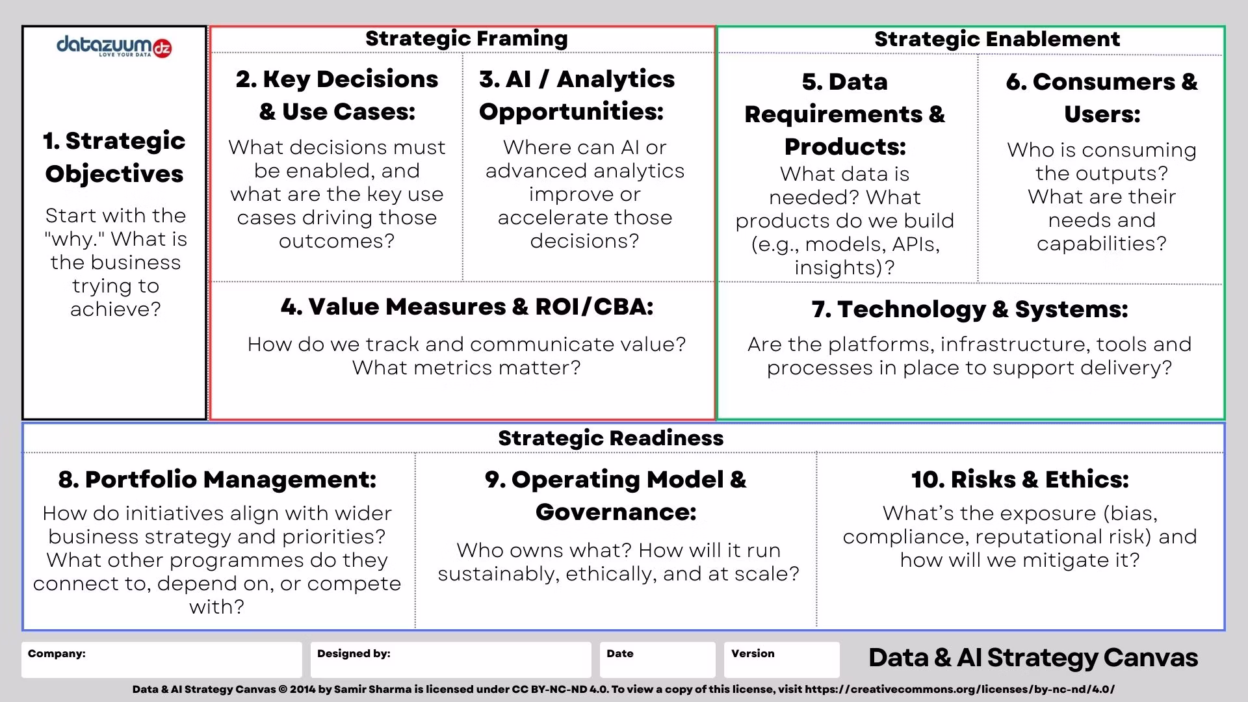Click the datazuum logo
(114, 47)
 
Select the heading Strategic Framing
(467, 38)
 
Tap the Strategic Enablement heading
(997, 39)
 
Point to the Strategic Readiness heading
(611, 438)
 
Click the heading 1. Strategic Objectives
(114, 157)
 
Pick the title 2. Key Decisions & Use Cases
(337, 95)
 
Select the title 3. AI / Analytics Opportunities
(577, 95)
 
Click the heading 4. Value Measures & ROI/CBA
(467, 307)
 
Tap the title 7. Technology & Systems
(970, 309)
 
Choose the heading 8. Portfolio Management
(217, 480)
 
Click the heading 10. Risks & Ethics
(1020, 480)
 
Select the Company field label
(57, 653)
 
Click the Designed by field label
(354, 653)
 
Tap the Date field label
(619, 653)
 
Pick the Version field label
(753, 653)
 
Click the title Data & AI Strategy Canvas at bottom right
(1033, 658)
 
